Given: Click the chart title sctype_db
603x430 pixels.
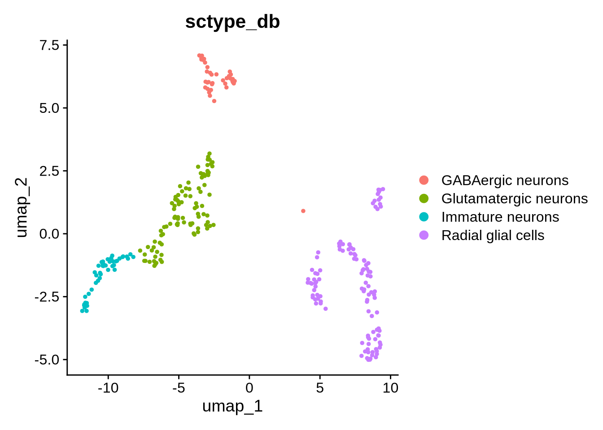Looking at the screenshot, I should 232,21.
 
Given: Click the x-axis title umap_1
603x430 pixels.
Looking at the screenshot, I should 232,406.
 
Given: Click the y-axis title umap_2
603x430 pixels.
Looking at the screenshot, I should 22,207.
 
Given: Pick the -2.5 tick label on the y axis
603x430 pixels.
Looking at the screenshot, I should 47,297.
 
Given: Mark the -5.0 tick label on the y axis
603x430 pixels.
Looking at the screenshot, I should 47,360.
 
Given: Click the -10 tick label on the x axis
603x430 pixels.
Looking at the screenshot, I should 108,387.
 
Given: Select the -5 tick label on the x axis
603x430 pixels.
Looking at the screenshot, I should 179,387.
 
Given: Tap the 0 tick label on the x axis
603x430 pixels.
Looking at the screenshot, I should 249,387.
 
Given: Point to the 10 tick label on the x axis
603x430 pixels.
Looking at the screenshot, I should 391,387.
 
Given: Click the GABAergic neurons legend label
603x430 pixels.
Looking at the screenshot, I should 505,180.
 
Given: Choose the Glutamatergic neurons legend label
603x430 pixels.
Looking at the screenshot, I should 514,198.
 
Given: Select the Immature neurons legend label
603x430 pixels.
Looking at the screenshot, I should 500,217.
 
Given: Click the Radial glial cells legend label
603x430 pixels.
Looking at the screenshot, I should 493,235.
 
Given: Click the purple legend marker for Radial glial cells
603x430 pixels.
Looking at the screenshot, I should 424,235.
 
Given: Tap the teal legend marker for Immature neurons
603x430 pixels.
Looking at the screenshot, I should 424,217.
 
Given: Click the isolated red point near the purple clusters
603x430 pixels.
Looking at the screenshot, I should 303,211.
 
